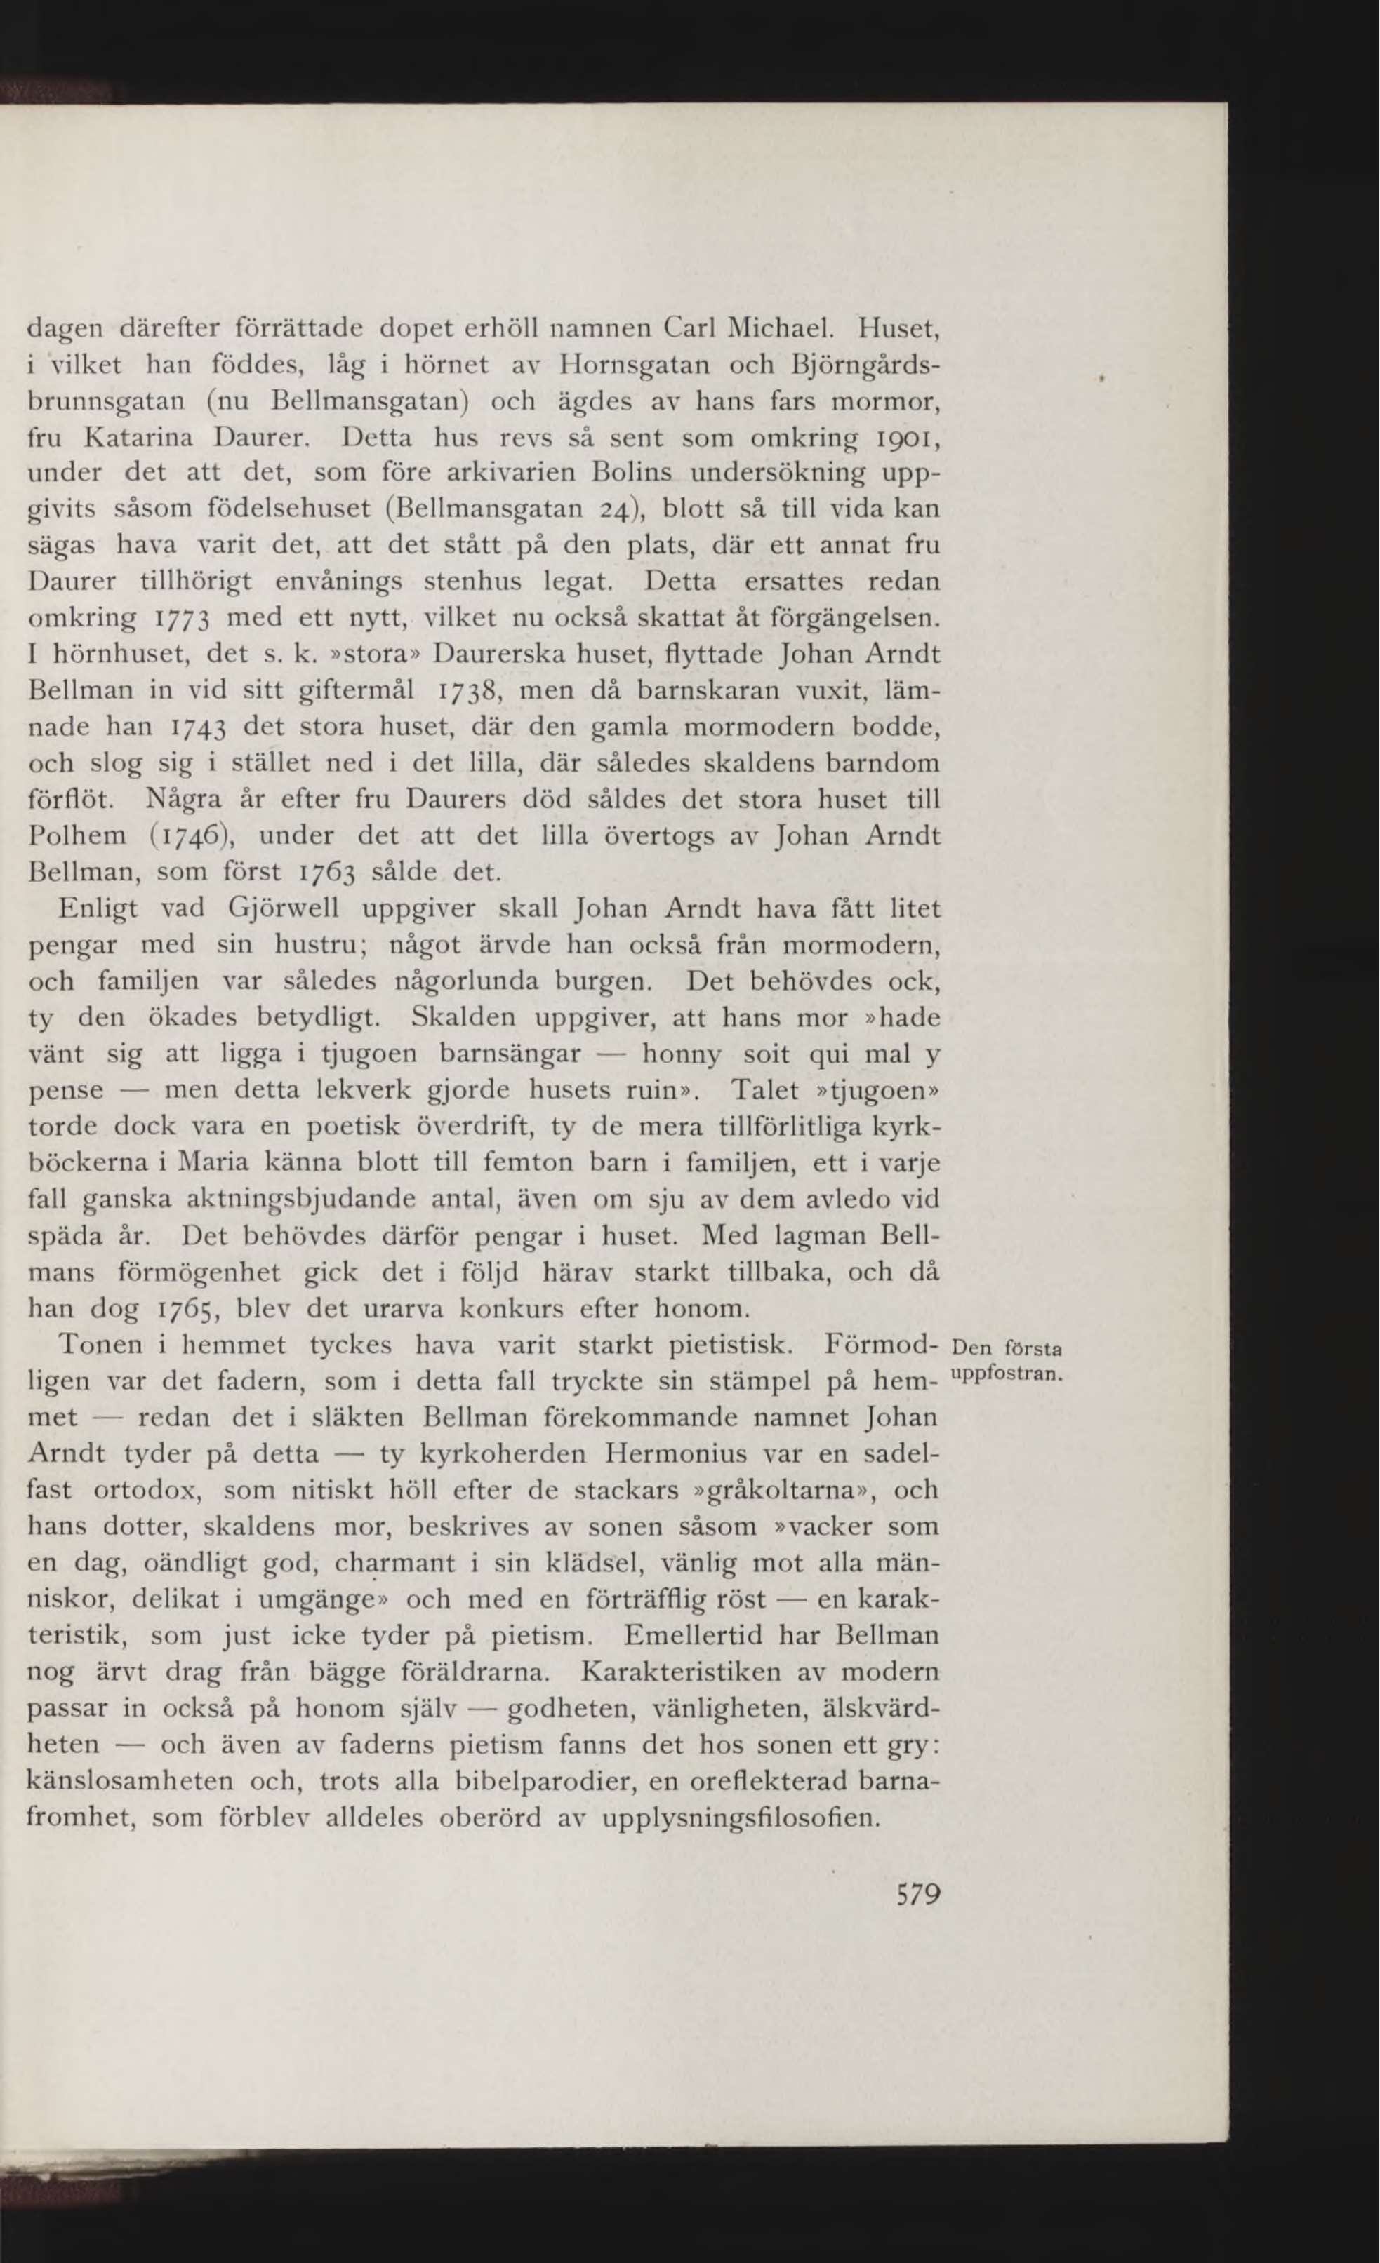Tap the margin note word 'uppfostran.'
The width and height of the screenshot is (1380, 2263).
(1006, 1374)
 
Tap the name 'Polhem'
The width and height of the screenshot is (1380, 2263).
(74, 835)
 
